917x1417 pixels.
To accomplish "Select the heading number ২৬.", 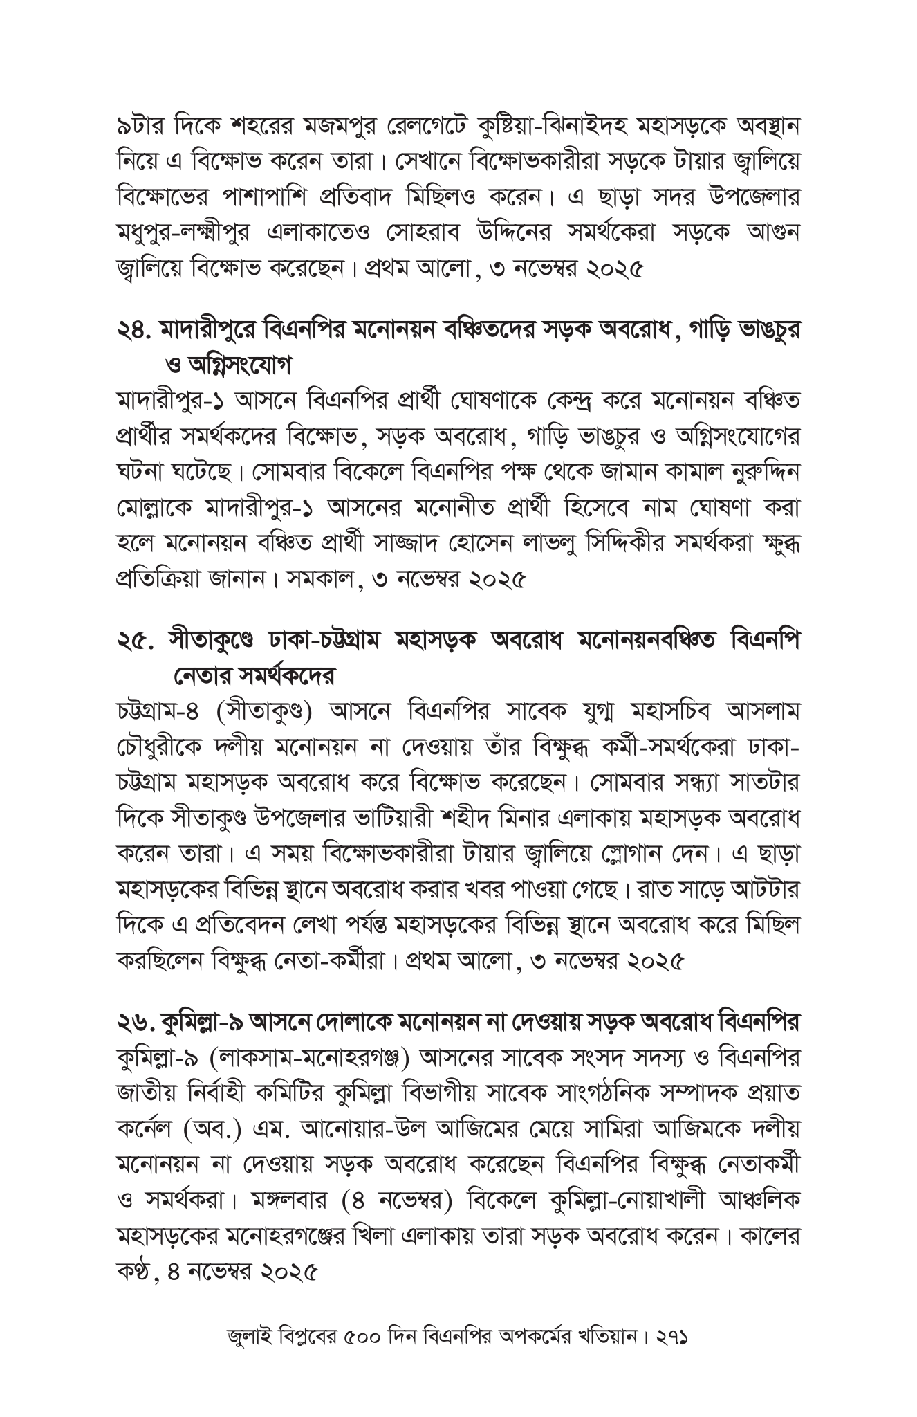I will pos(133,1022).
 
